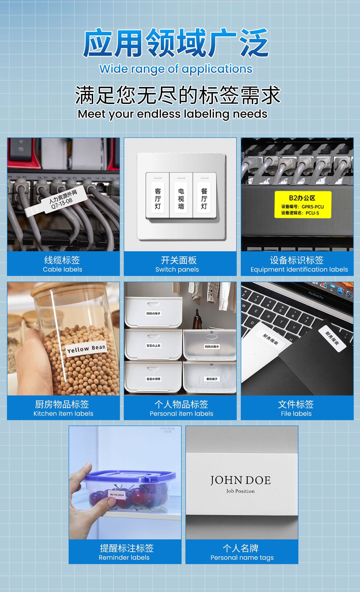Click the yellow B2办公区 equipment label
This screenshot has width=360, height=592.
click(x=303, y=204)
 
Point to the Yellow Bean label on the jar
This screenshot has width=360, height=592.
click(x=86, y=349)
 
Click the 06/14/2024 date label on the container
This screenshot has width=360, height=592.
click(x=117, y=495)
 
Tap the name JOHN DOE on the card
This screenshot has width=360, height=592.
click(x=240, y=480)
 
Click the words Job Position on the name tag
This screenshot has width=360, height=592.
click(x=240, y=491)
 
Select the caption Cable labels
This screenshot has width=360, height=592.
click(x=62, y=269)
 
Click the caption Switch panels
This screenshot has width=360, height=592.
click(x=177, y=269)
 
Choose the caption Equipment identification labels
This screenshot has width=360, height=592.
click(x=299, y=269)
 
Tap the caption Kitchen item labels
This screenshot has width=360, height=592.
click(x=63, y=413)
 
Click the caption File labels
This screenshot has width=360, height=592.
click(x=296, y=413)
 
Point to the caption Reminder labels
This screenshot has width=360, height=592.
click(x=124, y=557)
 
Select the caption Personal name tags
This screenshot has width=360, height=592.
click(x=242, y=557)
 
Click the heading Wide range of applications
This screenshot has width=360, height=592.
click(x=176, y=69)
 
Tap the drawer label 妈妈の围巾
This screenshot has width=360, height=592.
click(x=212, y=347)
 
